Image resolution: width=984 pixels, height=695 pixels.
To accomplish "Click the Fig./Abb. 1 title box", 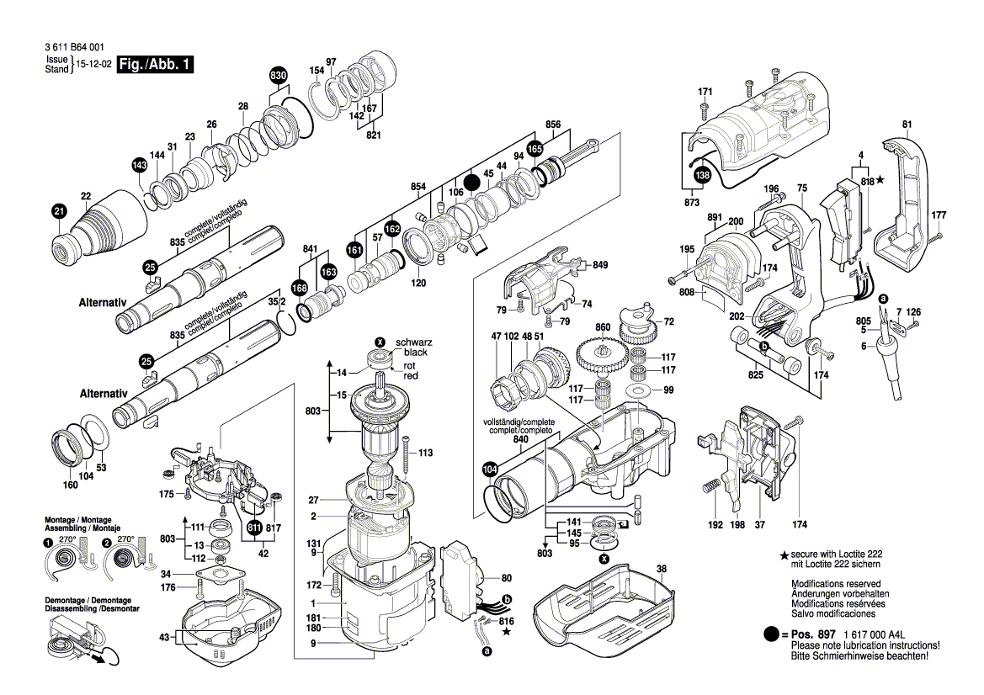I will pyautogui.click(x=156, y=65).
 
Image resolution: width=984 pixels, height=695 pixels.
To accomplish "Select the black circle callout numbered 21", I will pyautogui.click(x=58, y=211).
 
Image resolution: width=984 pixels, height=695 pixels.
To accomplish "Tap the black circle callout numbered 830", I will pyautogui.click(x=279, y=76).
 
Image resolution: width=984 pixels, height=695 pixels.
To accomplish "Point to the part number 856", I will pyautogui.click(x=553, y=125).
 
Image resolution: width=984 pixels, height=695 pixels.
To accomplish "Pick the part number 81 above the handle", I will pyautogui.click(x=907, y=125).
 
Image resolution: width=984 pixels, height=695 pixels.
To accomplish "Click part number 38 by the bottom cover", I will pyautogui.click(x=661, y=569).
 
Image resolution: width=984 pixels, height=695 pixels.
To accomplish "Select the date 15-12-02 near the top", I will pyautogui.click(x=92, y=64).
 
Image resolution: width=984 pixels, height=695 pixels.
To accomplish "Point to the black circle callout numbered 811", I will pyautogui.click(x=254, y=528).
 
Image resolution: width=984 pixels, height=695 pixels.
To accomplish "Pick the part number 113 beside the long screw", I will pyautogui.click(x=424, y=453).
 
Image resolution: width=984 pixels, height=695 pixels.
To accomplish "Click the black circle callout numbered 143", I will pyautogui.click(x=139, y=166).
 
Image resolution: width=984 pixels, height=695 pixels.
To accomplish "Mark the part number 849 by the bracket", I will pyautogui.click(x=600, y=265).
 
